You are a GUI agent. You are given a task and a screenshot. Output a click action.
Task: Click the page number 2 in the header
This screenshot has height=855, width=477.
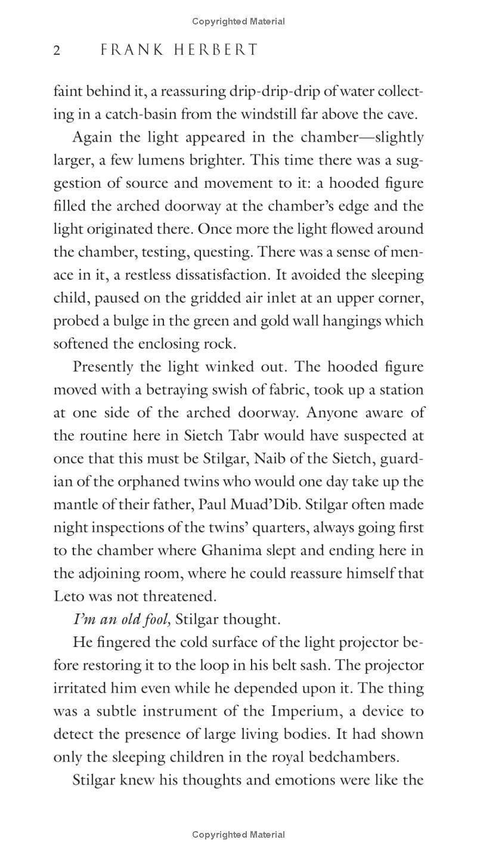[x=57, y=50]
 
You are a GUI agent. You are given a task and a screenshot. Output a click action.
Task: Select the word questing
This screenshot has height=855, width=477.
[x=223, y=252]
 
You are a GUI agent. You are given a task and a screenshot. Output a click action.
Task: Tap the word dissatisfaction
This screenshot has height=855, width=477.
[x=226, y=275]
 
